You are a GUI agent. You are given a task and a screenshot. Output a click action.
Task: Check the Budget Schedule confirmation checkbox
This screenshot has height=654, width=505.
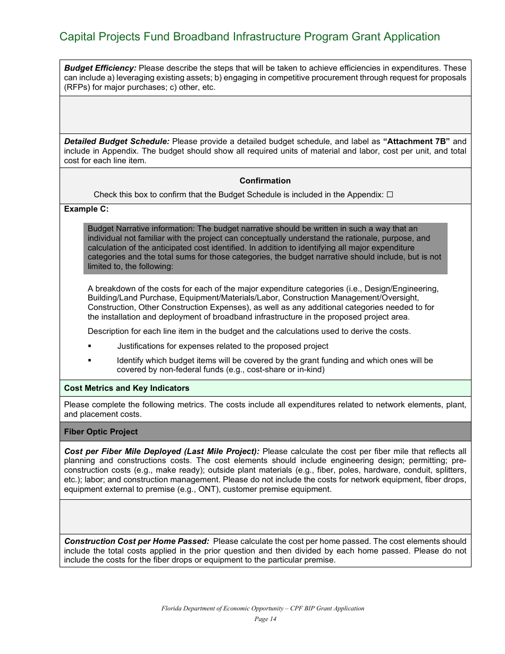click(x=390, y=195)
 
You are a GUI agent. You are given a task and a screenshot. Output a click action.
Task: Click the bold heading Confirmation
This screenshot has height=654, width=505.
click(x=265, y=181)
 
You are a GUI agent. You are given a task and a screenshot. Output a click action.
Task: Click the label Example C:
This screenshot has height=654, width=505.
click(x=86, y=209)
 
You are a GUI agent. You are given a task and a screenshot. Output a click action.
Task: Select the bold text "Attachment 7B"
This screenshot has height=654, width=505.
click(x=416, y=141)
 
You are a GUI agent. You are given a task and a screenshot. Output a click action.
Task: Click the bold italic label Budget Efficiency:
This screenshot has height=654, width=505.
click(x=100, y=68)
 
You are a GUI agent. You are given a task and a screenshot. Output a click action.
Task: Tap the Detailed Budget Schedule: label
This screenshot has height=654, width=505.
click(x=117, y=141)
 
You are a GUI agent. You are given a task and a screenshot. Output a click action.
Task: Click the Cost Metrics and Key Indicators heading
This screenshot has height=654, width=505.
click(x=127, y=388)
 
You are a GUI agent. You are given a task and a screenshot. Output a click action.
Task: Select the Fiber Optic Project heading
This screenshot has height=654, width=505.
click(x=101, y=432)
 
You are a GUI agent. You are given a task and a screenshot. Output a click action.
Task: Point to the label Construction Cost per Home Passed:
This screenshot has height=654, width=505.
click(x=137, y=541)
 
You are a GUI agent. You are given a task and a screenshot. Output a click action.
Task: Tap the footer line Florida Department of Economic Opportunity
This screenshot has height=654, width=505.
click(x=263, y=608)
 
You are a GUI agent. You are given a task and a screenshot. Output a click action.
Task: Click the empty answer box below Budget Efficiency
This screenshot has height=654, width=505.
click(x=265, y=114)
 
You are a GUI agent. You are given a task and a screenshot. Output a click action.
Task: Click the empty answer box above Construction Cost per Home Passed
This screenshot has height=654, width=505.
click(x=265, y=516)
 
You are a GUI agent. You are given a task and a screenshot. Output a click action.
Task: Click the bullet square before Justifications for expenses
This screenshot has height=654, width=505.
click(x=90, y=346)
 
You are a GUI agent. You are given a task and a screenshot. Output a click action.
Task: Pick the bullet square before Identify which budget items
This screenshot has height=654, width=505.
click(x=90, y=360)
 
